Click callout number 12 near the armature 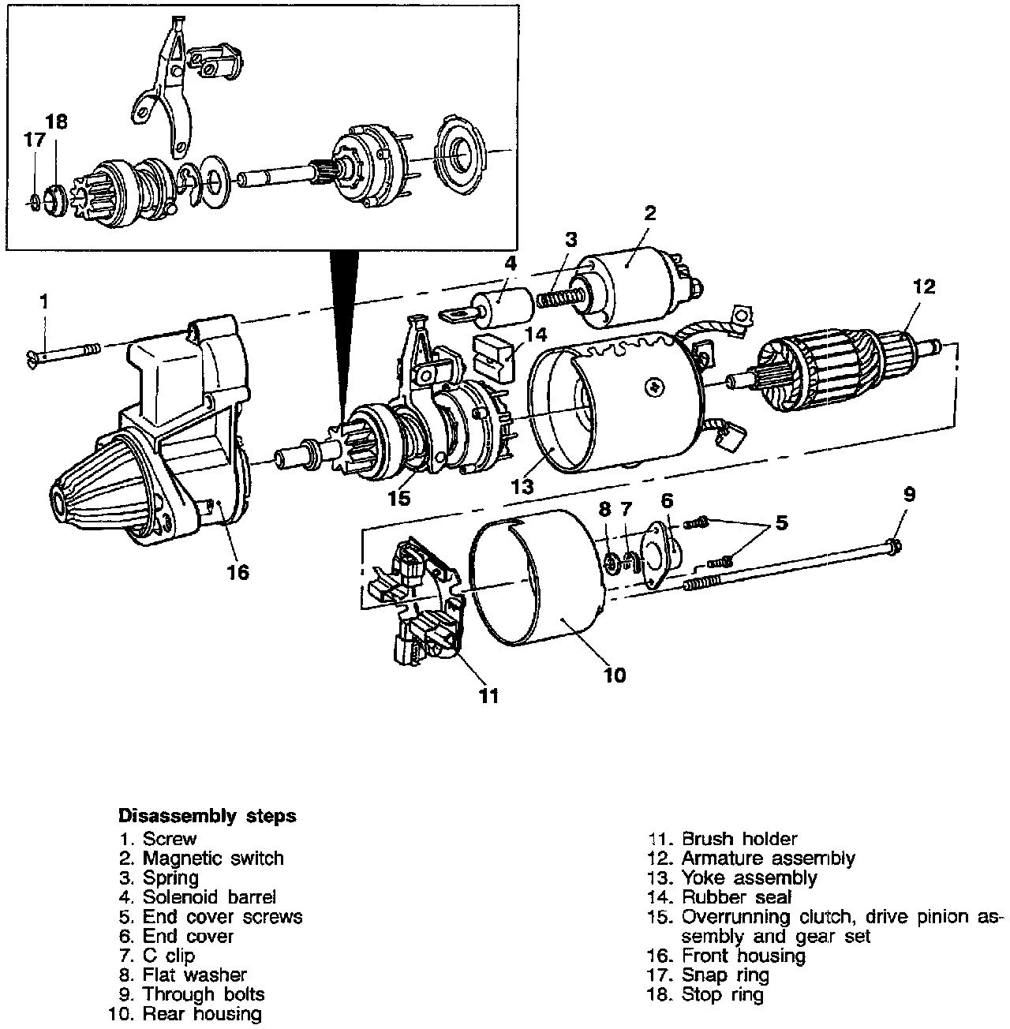pyautogui.click(x=923, y=287)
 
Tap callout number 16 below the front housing pyautogui.click(x=238, y=572)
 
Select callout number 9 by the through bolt pyautogui.click(x=909, y=495)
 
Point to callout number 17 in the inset pyautogui.click(x=34, y=141)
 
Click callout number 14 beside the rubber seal pyautogui.click(x=535, y=334)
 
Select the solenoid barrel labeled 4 pyautogui.click(x=502, y=307)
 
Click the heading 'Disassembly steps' pyautogui.click(x=207, y=815)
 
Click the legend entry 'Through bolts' pyautogui.click(x=204, y=994)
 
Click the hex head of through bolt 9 pyautogui.click(x=894, y=546)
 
